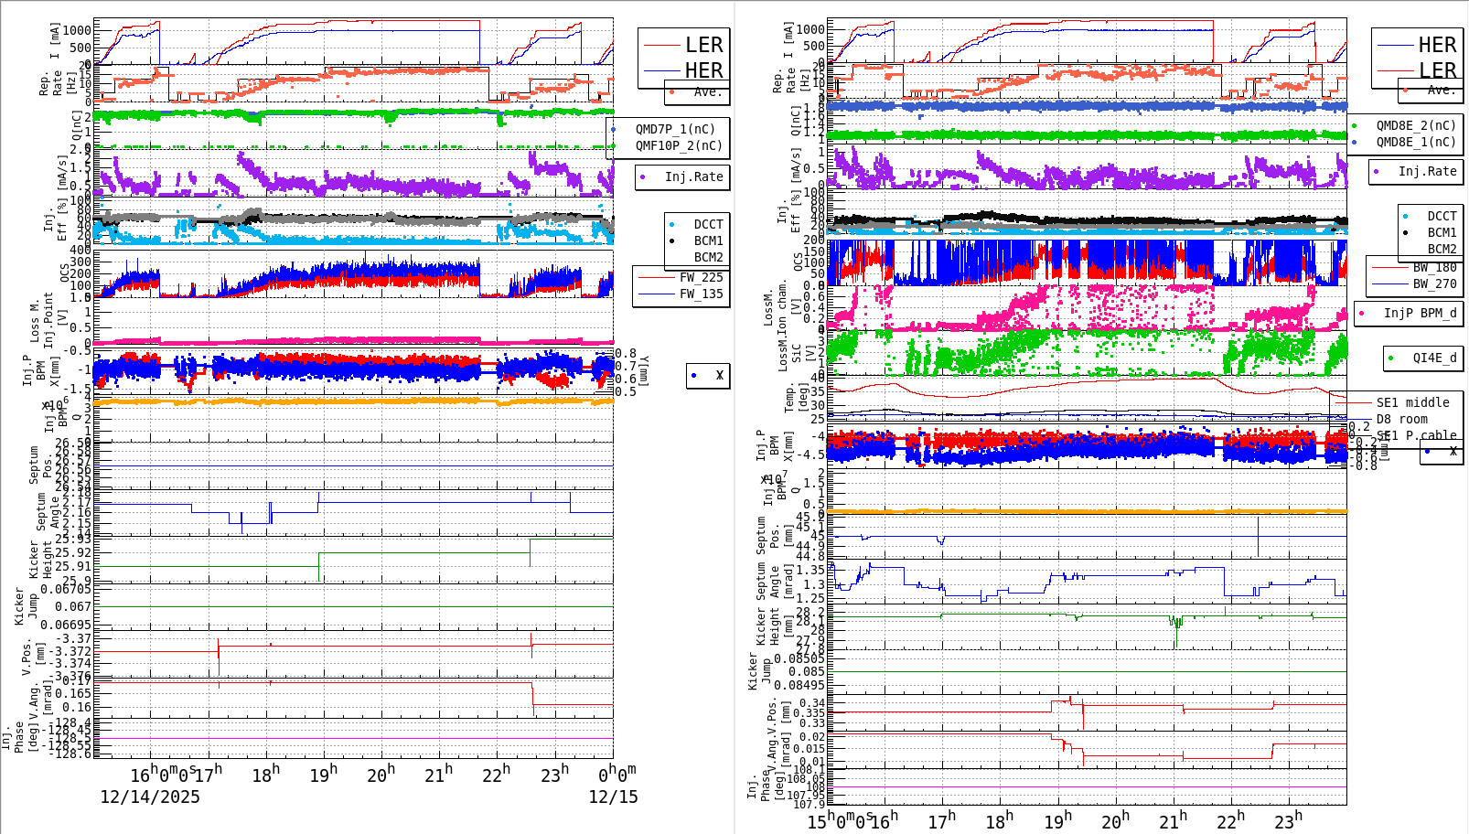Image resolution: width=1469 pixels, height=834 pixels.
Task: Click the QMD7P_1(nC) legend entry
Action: tap(675, 129)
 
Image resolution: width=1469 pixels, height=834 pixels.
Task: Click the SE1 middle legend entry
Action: tap(1412, 402)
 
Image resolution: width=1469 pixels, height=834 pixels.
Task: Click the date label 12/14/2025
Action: tap(150, 797)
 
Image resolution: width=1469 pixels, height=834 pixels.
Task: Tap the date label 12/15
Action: tap(613, 797)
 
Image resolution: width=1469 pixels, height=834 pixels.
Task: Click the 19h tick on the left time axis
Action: tap(323, 775)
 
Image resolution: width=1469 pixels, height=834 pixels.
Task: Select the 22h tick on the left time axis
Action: tap(496, 775)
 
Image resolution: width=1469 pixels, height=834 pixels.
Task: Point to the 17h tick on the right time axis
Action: tap(941, 821)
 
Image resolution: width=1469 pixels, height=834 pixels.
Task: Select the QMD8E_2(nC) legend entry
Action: tap(1415, 125)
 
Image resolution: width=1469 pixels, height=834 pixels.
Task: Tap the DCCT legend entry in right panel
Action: tap(1442, 216)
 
